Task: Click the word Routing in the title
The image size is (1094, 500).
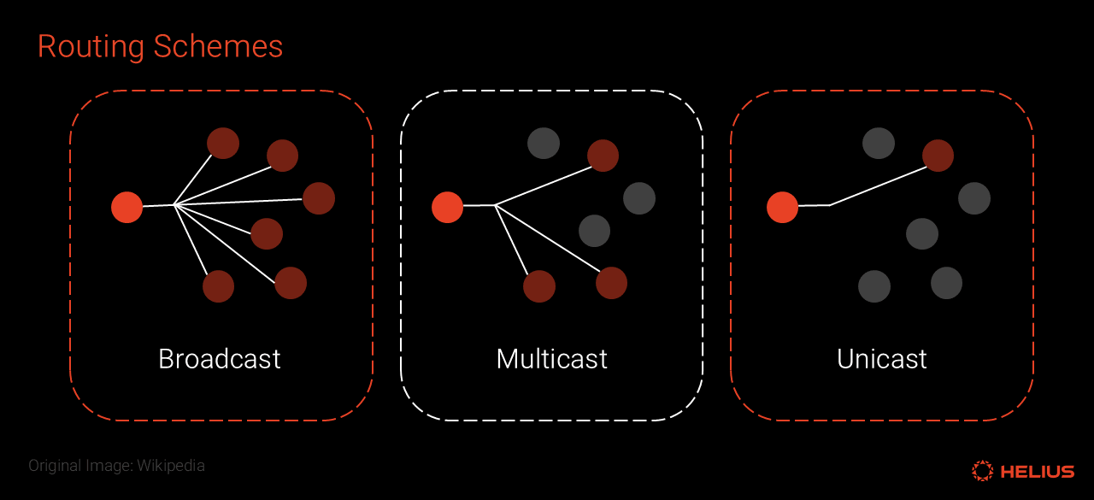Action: point(91,47)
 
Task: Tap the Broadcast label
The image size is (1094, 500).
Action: point(220,359)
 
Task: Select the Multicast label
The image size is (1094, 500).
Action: point(551,359)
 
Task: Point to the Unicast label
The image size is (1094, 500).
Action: point(882,359)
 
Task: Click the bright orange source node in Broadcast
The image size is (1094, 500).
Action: point(127,207)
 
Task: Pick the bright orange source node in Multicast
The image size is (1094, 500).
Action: point(447,207)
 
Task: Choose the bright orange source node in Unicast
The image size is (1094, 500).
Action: point(782,207)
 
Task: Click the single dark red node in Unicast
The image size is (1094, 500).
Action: point(938,156)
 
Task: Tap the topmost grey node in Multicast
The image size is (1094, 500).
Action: point(544,143)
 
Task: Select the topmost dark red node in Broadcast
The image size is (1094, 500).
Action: point(223,143)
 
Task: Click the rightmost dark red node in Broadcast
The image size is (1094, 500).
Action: point(319,198)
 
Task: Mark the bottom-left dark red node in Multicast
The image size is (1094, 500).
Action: point(539,286)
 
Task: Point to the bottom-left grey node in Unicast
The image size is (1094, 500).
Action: point(874,286)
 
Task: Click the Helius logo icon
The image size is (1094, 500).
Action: point(982,470)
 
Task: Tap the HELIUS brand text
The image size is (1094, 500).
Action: point(1037,471)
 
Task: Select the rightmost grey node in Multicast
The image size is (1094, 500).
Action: point(639,198)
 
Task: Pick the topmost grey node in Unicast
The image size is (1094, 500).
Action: point(879,143)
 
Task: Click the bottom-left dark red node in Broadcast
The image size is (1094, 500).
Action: point(218,286)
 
